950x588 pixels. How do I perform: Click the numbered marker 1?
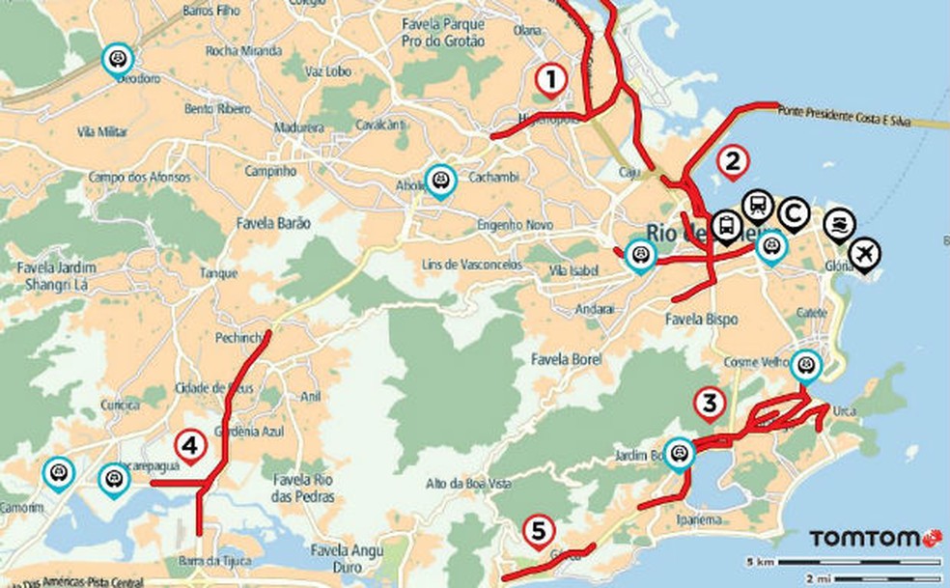tap(550, 79)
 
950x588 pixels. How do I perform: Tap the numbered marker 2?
tap(732, 160)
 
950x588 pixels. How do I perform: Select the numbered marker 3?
tap(710, 403)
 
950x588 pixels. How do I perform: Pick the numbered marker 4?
tap(190, 445)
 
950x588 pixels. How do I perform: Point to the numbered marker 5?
tap(538, 530)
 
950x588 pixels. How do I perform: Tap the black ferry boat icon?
tap(839, 223)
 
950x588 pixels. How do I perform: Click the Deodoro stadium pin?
tap(118, 58)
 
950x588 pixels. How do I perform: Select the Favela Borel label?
tap(566, 359)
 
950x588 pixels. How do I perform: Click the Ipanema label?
tap(700, 519)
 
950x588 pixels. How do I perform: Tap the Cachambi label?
tap(493, 178)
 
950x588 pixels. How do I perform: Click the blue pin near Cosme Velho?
tap(804, 365)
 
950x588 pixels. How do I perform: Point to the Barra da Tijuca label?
tap(215, 562)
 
